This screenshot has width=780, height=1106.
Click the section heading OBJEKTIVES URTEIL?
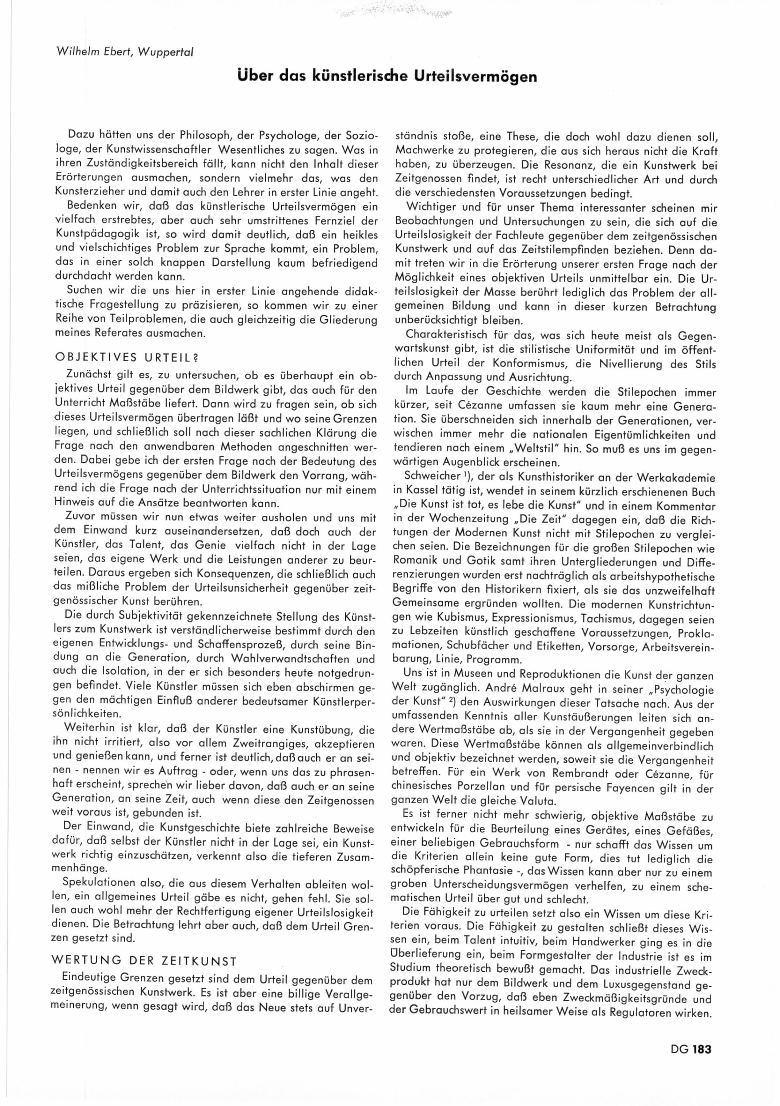click(x=127, y=358)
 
